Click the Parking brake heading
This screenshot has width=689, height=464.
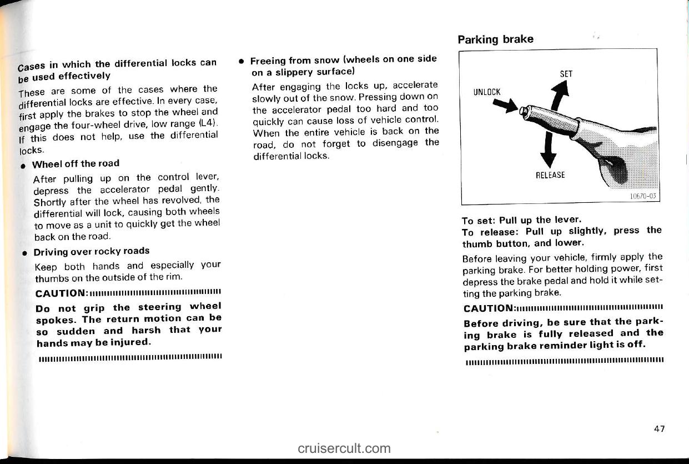pos(495,39)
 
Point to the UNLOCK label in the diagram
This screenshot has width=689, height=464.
pos(487,92)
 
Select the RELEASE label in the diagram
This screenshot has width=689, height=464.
pos(550,175)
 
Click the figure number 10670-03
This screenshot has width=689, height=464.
pos(640,196)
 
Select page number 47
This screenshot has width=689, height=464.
pos(658,428)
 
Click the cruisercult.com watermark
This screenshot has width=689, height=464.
pos(344,448)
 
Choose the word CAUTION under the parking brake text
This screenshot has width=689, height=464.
pos(489,308)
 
